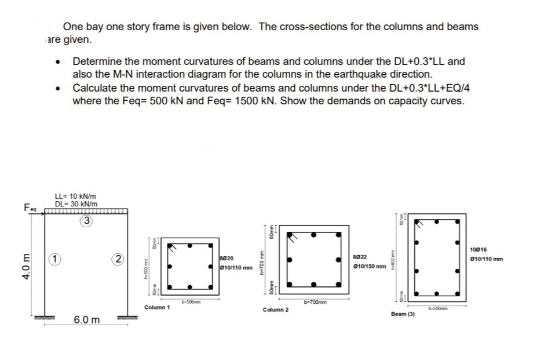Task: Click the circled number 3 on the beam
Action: click(x=86, y=220)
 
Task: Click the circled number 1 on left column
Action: click(x=53, y=260)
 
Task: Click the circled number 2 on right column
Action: click(x=118, y=260)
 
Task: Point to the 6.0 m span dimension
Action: click(x=87, y=320)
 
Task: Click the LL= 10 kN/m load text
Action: click(x=76, y=196)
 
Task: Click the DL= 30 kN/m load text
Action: click(x=76, y=203)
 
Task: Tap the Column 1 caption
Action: click(x=156, y=307)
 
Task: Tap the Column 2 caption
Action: click(x=276, y=310)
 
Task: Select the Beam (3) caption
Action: click(x=403, y=314)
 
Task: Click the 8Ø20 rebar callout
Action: click(x=227, y=258)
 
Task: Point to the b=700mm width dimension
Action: click(x=313, y=301)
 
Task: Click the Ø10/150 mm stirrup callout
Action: click(x=369, y=266)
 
